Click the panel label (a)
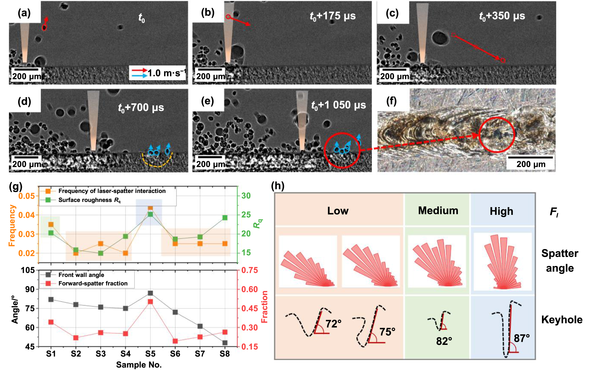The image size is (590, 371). click(24, 13)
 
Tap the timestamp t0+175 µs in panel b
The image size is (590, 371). click(333, 16)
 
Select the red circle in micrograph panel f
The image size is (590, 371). click(496, 135)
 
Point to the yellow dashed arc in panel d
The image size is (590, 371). click(157, 163)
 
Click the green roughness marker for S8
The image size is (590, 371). click(225, 218)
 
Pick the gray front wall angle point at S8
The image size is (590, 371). click(225, 343)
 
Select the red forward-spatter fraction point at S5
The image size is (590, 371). click(150, 302)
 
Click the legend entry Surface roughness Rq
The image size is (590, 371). click(89, 200)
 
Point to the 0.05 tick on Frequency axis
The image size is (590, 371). click(26, 196)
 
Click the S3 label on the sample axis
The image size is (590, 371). click(101, 354)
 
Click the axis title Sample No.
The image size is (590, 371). click(139, 365)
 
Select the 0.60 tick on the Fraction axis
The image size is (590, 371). click(249, 289)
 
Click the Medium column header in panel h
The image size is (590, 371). click(438, 211)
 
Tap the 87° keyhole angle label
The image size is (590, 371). click(522, 338)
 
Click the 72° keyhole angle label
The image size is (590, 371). click(333, 324)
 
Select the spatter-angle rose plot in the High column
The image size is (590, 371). click(503, 262)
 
